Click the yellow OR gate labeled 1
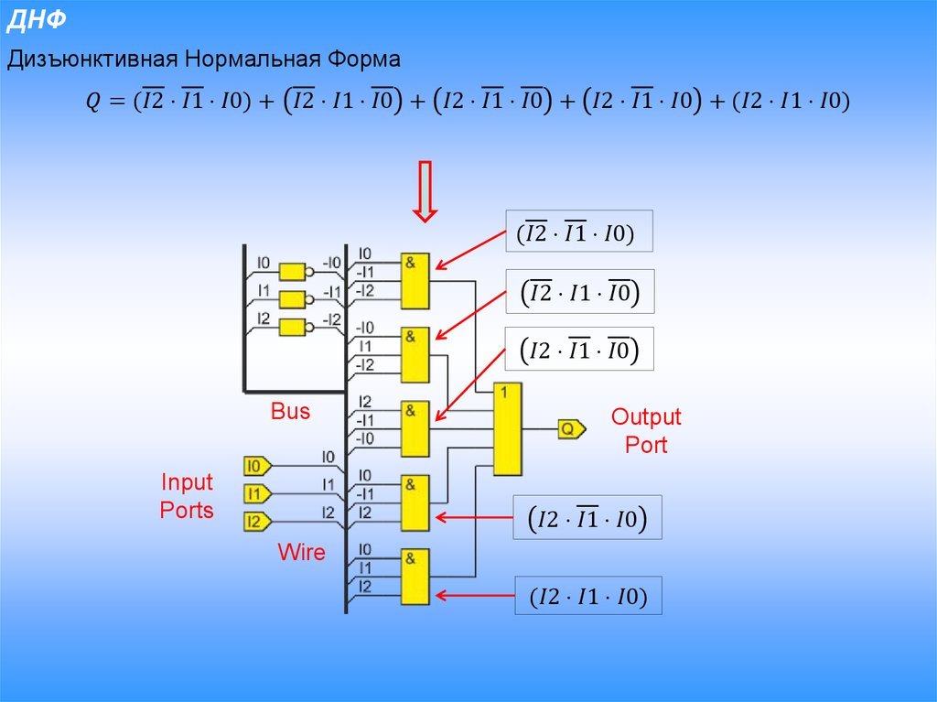click(x=508, y=428)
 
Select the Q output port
click(x=570, y=427)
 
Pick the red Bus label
click(x=290, y=411)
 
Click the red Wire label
click(x=301, y=552)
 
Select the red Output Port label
click(x=646, y=431)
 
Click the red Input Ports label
click(x=187, y=496)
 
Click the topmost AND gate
click(x=415, y=281)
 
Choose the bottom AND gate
click(x=415, y=576)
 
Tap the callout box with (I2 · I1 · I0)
click(x=587, y=598)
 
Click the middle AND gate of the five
click(x=415, y=428)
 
